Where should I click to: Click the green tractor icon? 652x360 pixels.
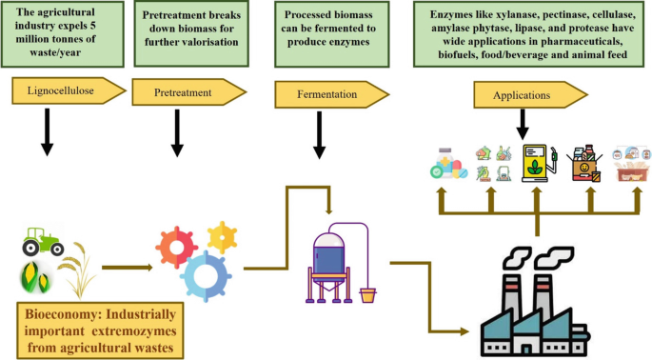[44, 243]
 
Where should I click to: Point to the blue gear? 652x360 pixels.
[206, 275]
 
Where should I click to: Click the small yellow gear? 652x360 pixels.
[222, 235]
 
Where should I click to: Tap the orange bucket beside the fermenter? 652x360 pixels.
[367, 295]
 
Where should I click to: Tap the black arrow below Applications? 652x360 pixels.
[522, 122]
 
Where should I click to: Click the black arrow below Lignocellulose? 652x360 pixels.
[47, 136]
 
